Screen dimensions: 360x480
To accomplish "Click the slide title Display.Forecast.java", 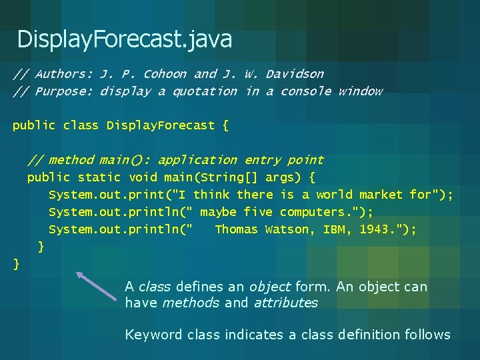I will tap(125, 39).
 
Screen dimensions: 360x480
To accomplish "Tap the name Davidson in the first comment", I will tap(295, 74).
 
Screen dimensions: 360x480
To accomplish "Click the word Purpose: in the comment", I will tap(63, 91).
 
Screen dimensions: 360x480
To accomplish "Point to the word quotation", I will tap(205, 91).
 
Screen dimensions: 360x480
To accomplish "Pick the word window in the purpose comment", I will tap(360, 91).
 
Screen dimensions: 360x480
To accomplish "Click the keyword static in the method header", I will tap(99, 177).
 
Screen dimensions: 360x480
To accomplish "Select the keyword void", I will tap(143, 177).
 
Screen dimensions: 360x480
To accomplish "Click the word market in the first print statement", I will tap(381, 195).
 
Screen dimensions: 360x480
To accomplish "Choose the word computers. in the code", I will tap(312, 212).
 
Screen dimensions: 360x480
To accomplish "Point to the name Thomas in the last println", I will tap(236, 229).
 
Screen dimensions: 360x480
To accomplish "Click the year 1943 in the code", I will tap(378, 229).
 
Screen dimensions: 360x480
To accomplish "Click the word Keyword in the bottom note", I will tap(153, 335).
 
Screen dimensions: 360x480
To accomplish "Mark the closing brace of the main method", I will tap(41, 247).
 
